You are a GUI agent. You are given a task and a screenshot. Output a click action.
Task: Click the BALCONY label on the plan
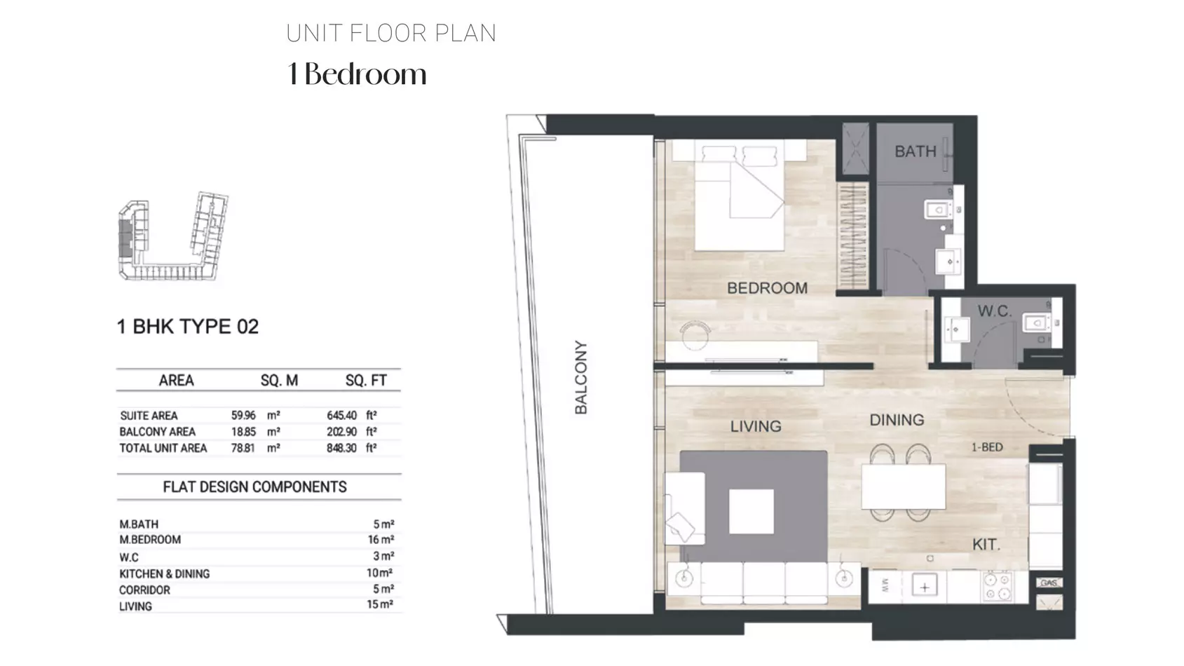(x=581, y=377)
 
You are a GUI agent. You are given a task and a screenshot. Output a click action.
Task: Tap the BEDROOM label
(x=767, y=288)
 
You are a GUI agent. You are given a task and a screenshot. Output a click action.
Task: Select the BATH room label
(x=915, y=151)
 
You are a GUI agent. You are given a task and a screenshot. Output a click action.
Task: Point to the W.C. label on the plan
(x=994, y=311)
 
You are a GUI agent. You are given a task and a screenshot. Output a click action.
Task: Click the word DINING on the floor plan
(x=897, y=420)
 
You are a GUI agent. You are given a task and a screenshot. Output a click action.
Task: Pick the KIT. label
(x=986, y=545)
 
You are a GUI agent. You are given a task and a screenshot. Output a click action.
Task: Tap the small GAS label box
(x=1049, y=583)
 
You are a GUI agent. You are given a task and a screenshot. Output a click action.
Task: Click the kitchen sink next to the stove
(x=925, y=587)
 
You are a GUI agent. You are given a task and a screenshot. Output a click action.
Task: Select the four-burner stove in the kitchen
(x=998, y=586)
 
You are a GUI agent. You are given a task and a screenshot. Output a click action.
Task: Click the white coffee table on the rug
(x=751, y=511)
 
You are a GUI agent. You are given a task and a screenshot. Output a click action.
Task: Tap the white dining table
(x=904, y=487)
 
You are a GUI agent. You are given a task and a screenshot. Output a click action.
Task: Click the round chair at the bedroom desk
(x=695, y=336)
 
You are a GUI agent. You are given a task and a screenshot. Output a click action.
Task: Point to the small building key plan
(x=173, y=236)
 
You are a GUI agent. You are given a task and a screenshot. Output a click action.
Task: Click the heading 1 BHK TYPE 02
(x=188, y=327)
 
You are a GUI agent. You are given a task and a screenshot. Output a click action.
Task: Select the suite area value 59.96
(x=243, y=416)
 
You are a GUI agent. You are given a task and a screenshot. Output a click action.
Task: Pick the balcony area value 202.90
(x=341, y=432)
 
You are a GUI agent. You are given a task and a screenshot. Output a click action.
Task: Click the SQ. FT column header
(x=366, y=381)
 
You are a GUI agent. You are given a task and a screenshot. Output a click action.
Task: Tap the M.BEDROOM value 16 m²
(x=381, y=540)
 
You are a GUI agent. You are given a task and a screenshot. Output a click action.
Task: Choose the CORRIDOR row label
(x=144, y=590)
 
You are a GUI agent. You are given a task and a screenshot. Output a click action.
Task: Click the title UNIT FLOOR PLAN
(x=391, y=34)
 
